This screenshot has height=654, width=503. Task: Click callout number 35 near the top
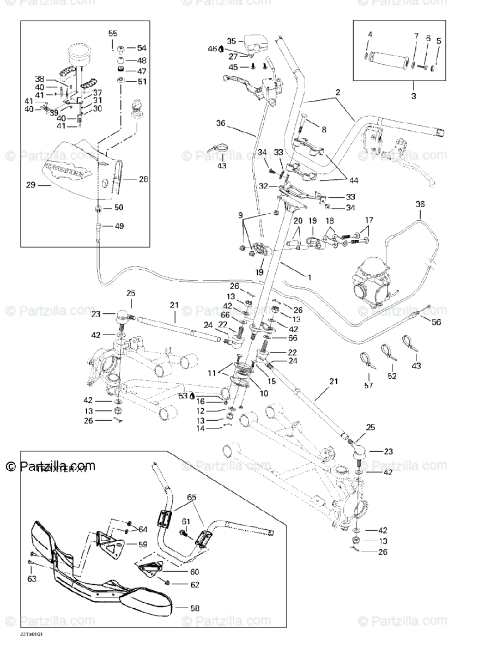pos(231,41)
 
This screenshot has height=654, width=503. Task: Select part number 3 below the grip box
pos(413,96)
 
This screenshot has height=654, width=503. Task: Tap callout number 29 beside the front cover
pos(30,185)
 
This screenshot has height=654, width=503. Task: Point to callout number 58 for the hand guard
pos(195,608)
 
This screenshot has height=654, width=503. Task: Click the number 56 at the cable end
pos(435,322)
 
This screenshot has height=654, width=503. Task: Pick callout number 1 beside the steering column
pos(310,277)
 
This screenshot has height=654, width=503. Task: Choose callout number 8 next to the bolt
pos(324,129)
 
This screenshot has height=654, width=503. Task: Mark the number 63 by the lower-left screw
pos(32,578)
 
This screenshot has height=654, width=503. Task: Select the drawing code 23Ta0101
pos(32,635)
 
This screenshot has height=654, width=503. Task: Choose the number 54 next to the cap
pos(142,48)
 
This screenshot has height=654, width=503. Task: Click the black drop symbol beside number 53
pos(192,396)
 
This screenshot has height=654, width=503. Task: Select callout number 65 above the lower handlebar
pos(191,498)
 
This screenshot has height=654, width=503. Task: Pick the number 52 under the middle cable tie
pos(392,376)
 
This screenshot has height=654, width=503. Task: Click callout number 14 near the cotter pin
pos(201,429)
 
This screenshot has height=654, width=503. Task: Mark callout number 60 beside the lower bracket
pos(195,572)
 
